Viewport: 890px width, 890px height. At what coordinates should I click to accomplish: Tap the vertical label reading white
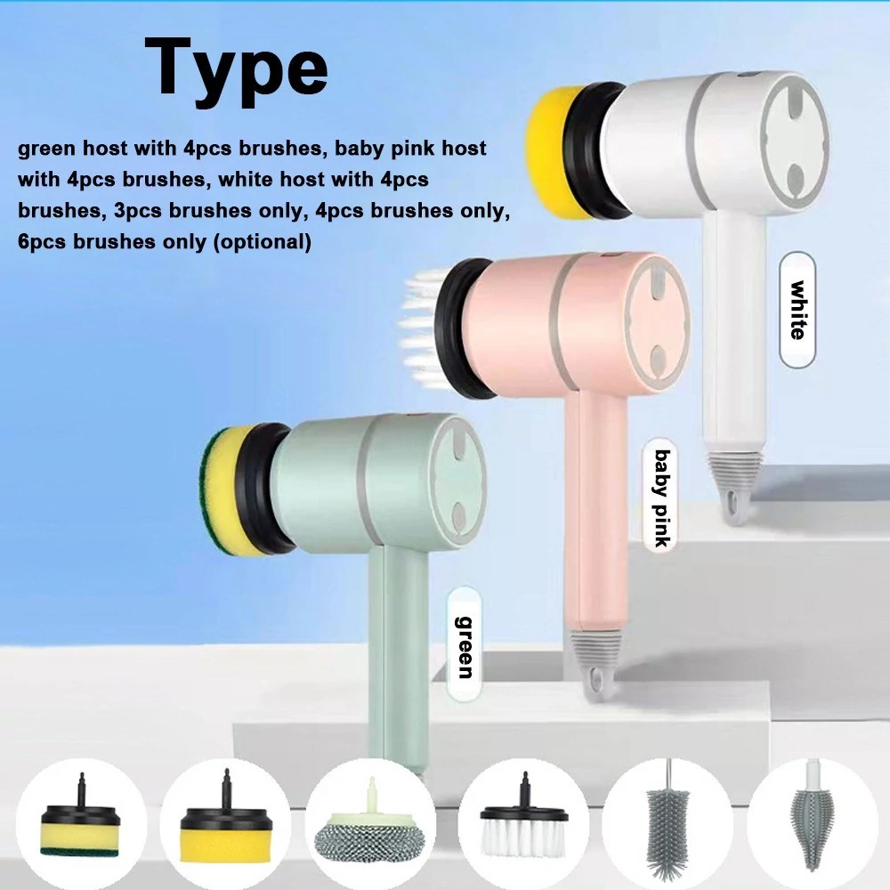797,310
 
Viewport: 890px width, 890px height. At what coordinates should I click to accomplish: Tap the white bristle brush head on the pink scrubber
422,326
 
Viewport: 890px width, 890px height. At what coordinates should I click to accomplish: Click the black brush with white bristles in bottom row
523,821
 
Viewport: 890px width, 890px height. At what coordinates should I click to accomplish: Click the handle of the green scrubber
397,659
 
